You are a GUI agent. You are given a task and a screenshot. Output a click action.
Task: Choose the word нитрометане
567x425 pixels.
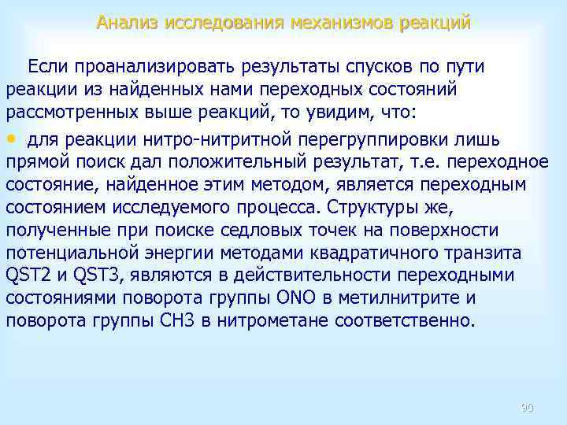coord(295,321)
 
